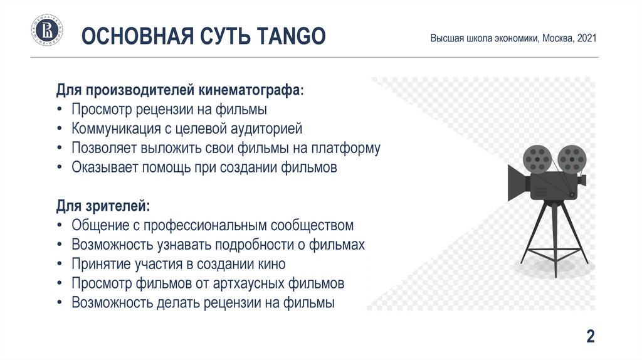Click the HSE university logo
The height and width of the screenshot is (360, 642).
coord(47,30)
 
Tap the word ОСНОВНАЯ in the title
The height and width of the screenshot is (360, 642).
coord(137,36)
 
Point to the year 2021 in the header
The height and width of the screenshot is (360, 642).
coord(587,38)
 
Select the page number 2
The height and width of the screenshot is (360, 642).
coord(591,336)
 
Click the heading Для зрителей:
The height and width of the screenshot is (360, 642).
coord(103,206)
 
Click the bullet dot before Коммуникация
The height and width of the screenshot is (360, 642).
coord(60,129)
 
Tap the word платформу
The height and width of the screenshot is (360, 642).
coord(346,148)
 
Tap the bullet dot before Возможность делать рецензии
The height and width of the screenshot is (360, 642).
coord(60,303)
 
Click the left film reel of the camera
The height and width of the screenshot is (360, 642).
coord(537,159)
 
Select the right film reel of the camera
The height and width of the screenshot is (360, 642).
coord(572,159)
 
